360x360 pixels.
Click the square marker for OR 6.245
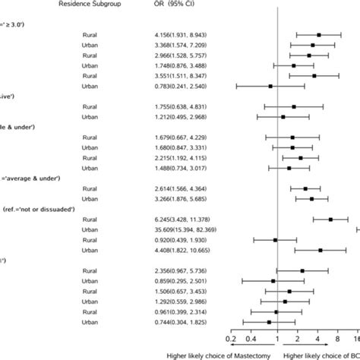point(330,219)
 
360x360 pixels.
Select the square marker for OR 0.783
point(270,86)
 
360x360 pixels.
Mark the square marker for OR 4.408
point(321,250)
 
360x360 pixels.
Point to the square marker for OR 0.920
point(275,239)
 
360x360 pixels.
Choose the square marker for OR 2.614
point(305,188)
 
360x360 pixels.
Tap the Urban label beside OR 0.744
point(90,322)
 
